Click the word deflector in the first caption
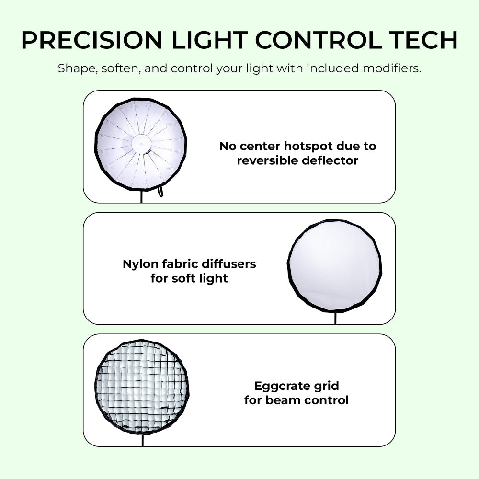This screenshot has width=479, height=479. click(330, 160)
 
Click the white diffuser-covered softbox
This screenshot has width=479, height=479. click(335, 265)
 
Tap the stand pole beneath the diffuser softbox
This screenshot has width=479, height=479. click(335, 318)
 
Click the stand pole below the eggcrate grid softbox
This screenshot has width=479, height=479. click(142, 440)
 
